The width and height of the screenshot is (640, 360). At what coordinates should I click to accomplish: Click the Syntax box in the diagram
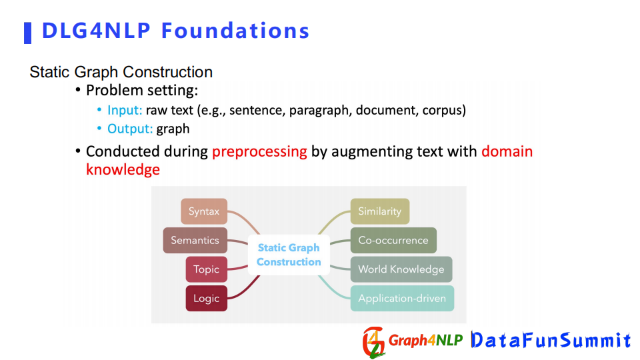click(204, 211)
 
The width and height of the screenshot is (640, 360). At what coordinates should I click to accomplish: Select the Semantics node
click(195, 241)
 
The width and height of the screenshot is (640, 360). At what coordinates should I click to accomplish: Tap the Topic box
click(207, 269)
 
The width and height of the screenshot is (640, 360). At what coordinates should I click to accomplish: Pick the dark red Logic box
click(207, 299)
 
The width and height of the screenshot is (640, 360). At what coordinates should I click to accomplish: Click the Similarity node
click(380, 211)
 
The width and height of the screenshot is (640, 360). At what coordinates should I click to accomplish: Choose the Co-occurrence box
click(393, 241)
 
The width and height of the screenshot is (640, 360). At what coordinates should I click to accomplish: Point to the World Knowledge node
click(401, 269)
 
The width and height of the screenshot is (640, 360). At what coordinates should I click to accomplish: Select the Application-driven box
click(402, 299)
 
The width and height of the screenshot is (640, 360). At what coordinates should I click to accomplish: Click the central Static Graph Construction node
click(289, 255)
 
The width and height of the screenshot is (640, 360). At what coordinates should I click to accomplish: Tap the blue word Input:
click(125, 110)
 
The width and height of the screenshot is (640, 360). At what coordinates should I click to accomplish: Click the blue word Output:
click(130, 129)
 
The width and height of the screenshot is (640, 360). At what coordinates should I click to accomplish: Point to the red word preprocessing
click(259, 152)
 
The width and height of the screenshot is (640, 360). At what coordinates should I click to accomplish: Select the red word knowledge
click(123, 169)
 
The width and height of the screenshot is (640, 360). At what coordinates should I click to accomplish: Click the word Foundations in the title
click(235, 31)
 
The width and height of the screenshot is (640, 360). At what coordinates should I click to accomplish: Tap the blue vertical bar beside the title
click(28, 33)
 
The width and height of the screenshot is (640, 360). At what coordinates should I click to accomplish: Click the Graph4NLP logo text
click(426, 340)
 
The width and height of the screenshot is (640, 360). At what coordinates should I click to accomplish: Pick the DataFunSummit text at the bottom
click(551, 340)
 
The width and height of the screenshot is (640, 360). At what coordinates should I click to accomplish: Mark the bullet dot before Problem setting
click(78, 90)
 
